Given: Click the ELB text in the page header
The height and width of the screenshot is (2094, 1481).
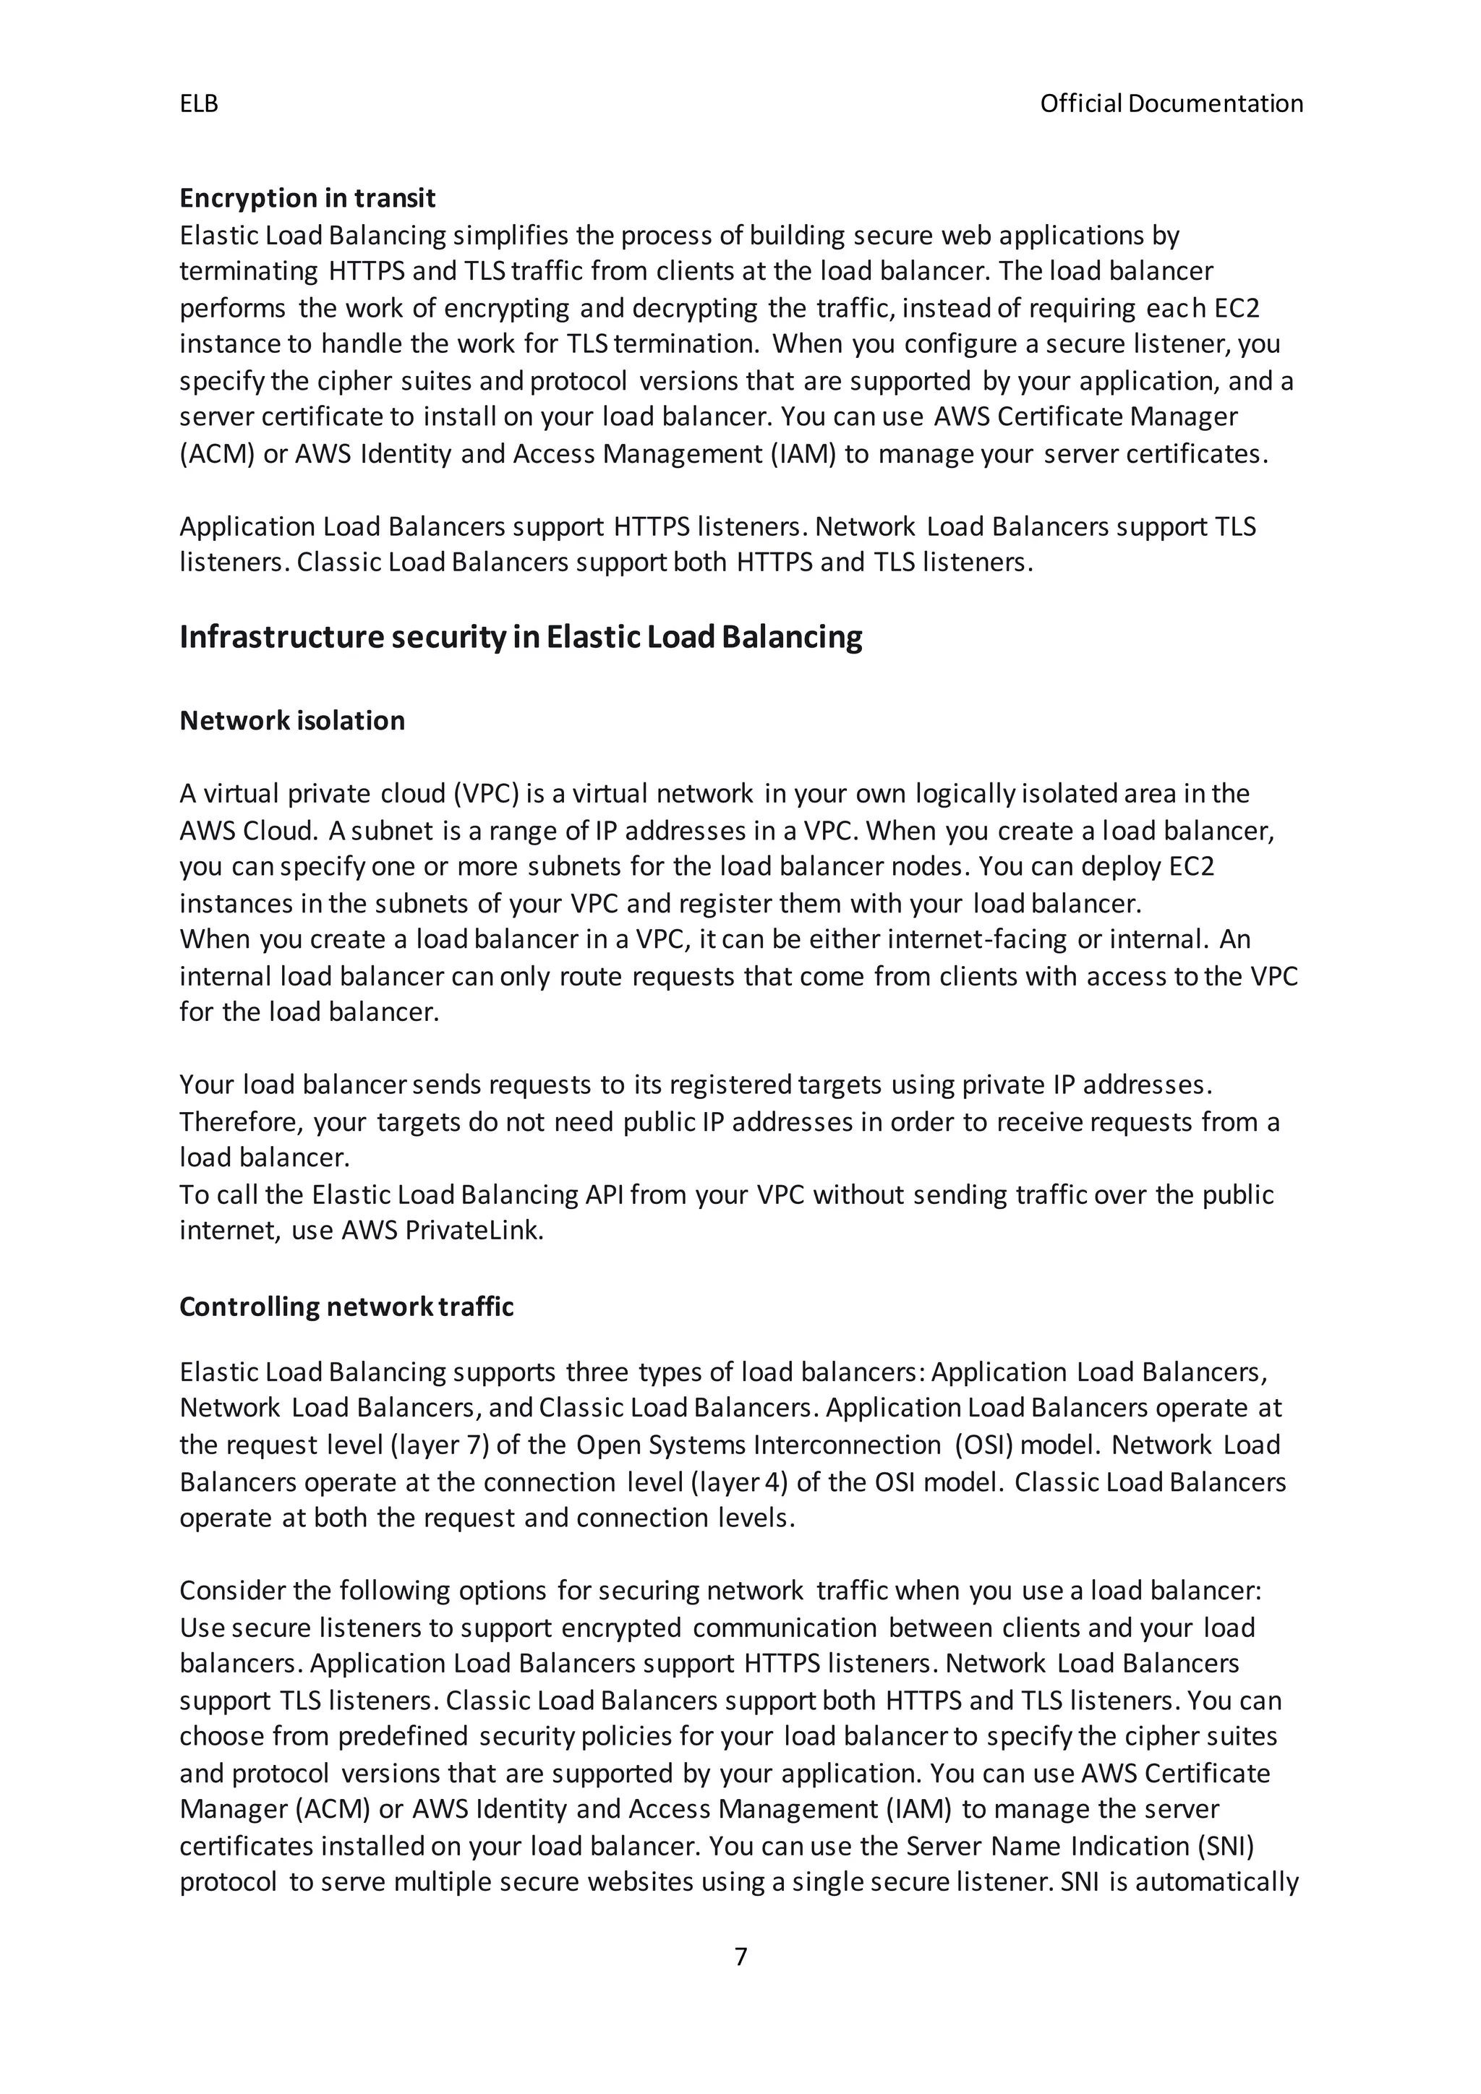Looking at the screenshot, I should pos(199,104).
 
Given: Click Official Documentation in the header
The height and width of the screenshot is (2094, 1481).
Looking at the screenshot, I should pos(1171,104).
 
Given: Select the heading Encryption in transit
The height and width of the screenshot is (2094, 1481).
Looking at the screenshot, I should pos(307,198).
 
